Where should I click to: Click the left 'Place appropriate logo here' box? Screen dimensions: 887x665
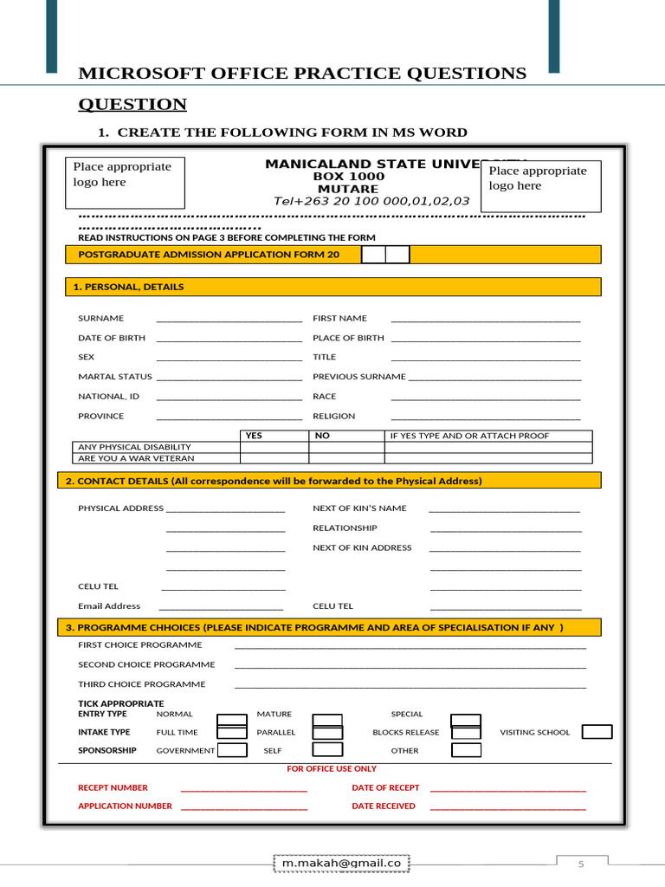[x=125, y=182]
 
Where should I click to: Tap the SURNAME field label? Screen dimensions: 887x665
[x=100, y=319]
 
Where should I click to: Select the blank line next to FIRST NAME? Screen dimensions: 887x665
[x=485, y=319]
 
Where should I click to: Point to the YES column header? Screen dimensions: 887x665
[x=254, y=436]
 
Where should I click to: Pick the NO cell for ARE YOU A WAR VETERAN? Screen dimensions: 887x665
[x=345, y=458]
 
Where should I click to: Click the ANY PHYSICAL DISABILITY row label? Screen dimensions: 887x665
[x=134, y=447]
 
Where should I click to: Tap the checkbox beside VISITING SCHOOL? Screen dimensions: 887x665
[x=597, y=732]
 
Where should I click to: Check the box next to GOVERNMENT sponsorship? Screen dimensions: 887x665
[x=232, y=750]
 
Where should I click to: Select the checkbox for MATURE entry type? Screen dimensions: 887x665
[x=326, y=719]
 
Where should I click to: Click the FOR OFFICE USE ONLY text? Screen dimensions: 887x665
[x=332, y=768]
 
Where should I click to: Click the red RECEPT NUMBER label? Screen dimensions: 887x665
[x=113, y=788]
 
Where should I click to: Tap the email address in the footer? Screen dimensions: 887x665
[x=341, y=863]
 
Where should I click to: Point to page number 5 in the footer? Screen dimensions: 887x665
[x=582, y=864]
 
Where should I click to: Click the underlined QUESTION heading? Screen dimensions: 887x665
[x=132, y=105]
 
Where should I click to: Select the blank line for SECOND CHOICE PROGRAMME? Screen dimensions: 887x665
[x=410, y=665]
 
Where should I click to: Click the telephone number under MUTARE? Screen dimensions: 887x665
[x=371, y=201]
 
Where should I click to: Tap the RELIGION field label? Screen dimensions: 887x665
[x=333, y=416]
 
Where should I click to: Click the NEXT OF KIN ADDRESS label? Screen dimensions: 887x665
[x=362, y=547]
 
